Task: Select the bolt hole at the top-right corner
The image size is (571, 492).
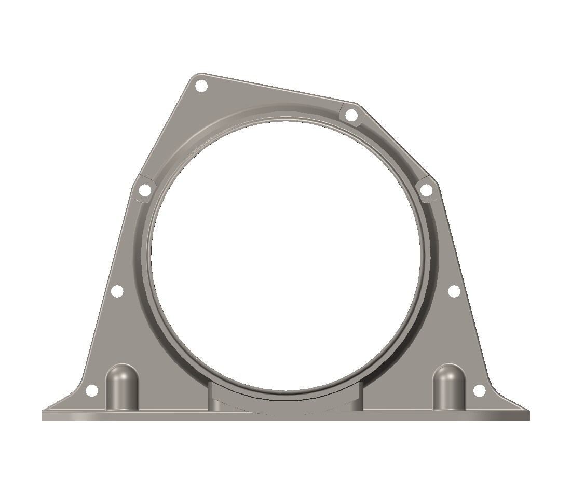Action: point(351,115)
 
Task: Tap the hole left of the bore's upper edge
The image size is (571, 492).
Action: point(145,191)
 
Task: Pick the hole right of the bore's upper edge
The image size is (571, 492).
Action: point(426,191)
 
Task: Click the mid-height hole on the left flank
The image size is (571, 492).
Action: point(117,291)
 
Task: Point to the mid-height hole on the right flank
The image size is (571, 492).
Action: point(453,291)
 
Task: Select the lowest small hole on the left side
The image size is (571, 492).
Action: point(92,390)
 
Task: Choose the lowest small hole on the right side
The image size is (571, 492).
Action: point(479,390)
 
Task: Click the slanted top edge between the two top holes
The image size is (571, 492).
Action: point(275,88)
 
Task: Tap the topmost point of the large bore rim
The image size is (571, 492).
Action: point(285,120)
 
